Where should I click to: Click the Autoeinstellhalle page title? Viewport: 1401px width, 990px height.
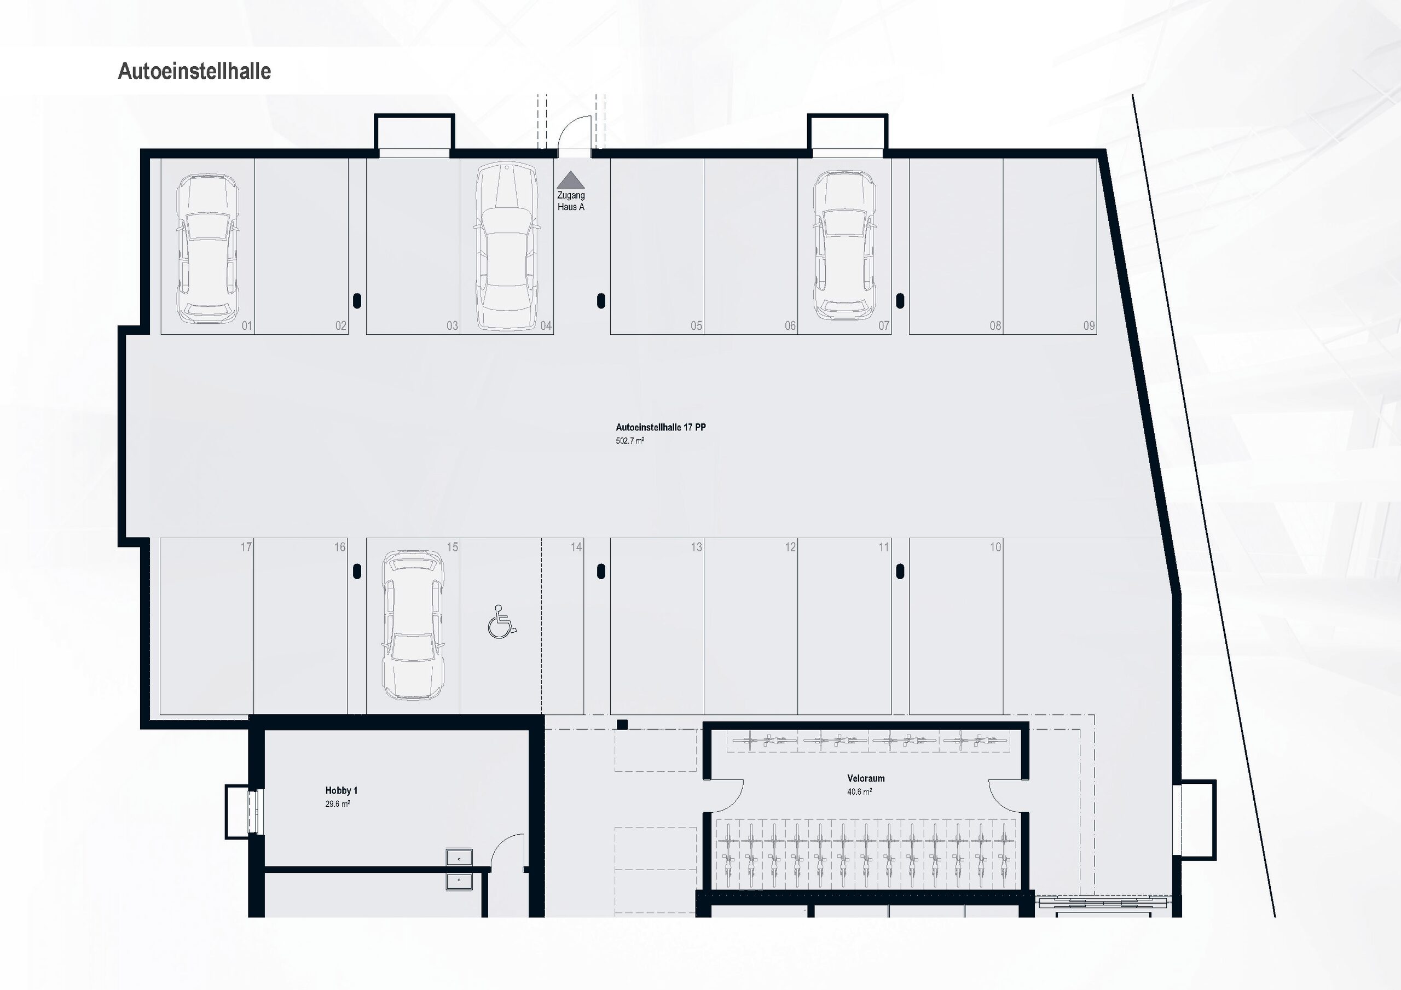194,71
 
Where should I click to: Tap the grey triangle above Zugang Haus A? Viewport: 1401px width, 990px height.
571,179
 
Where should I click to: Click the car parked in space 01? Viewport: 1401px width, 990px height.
207,248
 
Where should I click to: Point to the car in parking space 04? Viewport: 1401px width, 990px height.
506,246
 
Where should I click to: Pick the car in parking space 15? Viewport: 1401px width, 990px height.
413,625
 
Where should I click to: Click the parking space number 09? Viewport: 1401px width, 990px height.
1089,326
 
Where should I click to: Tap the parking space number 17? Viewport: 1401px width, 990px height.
246,547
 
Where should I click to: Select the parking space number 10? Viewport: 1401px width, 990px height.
995,547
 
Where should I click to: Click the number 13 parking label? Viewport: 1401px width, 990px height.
696,547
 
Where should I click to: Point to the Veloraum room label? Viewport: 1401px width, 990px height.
865,778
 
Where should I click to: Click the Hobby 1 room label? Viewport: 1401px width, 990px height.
341,790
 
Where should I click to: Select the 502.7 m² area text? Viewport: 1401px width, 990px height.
630,440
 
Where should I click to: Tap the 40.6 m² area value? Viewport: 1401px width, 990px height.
859,792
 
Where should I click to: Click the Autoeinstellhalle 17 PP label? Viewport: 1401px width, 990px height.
660,428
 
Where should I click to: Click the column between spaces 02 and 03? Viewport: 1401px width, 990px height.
357,301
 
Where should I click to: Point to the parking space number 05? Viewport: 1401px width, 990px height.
696,326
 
